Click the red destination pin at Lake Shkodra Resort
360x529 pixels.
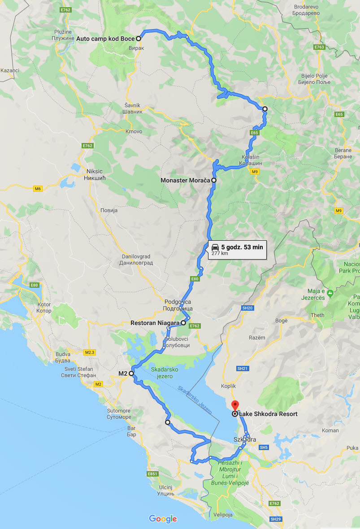[234, 405]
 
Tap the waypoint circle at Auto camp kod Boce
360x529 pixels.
[139, 39]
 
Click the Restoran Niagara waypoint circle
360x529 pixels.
[183, 323]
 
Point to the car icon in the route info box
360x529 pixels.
[215, 247]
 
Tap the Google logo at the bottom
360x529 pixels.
[163, 519]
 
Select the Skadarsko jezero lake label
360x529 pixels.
[162, 373]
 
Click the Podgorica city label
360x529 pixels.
[178, 305]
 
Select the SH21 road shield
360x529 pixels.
[242, 369]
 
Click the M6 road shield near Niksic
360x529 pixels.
[38, 189]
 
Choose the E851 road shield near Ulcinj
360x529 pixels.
[153, 473]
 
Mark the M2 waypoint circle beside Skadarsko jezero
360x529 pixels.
[132, 373]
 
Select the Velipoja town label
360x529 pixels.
[223, 515]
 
